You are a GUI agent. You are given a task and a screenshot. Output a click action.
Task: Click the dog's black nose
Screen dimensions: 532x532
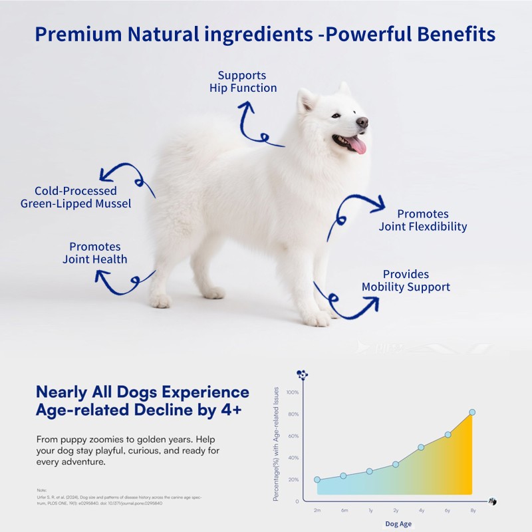pyautogui.click(x=362, y=122)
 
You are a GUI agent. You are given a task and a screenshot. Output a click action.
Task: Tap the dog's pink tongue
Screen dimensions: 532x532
pyautogui.click(x=358, y=145)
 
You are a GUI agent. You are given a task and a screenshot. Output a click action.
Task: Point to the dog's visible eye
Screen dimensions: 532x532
pyautogui.click(x=336, y=115)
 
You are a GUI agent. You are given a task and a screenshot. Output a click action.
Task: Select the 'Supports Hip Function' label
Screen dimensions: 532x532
pyautogui.click(x=243, y=81)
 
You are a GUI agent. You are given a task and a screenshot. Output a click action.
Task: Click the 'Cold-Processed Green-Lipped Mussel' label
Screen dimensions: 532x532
pyautogui.click(x=75, y=198)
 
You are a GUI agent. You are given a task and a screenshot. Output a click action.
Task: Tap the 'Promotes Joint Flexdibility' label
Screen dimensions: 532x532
pyautogui.click(x=423, y=220)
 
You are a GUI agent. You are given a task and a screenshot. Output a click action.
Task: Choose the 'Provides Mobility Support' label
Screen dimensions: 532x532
pyautogui.click(x=406, y=281)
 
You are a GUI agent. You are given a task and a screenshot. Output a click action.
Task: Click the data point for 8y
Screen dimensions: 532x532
pyautogui.click(x=472, y=412)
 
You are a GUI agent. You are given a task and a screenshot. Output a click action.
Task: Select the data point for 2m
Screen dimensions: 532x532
pyautogui.click(x=317, y=479)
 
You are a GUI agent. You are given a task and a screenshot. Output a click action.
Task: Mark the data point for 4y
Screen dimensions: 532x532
pyautogui.click(x=421, y=448)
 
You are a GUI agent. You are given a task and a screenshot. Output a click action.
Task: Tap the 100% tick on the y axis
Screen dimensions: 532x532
pyautogui.click(x=293, y=392)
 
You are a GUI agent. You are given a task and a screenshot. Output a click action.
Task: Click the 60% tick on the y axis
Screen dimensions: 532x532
pyautogui.click(x=293, y=436)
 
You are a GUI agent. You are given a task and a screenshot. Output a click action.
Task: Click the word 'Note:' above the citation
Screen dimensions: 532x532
pyautogui.click(x=42, y=490)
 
